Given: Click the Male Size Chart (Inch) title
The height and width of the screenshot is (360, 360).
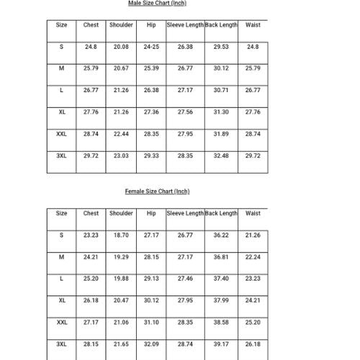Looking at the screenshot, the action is click(156, 4).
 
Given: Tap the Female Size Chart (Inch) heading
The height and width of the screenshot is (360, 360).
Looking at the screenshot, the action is click(157, 192).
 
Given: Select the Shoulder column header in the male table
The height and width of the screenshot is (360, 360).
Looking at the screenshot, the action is click(121, 25).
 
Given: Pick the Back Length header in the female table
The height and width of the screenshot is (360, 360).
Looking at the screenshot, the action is click(221, 214).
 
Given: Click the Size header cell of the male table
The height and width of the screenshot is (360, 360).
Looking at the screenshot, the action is click(62, 25).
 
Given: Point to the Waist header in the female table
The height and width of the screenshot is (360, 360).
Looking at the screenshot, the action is click(253, 214).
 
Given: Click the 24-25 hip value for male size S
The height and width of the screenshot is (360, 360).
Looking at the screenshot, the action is click(151, 47).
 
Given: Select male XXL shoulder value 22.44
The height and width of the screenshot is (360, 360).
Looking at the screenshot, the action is click(121, 134).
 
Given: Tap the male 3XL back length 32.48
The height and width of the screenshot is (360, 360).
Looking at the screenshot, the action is click(221, 156).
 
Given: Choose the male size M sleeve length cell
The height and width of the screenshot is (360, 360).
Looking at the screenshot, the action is click(185, 68).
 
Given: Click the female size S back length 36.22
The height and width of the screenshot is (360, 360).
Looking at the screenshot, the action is click(221, 235).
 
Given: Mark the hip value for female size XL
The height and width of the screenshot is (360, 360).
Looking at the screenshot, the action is click(151, 301).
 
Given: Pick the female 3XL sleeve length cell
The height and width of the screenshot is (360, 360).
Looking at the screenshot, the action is click(185, 345).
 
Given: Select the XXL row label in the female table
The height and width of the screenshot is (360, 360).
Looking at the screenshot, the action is click(62, 323).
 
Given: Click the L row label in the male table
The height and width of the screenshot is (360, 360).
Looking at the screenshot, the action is click(62, 91).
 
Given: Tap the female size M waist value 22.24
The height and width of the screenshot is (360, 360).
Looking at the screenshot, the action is click(253, 257).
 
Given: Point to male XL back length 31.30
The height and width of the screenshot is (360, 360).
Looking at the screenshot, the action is click(221, 112).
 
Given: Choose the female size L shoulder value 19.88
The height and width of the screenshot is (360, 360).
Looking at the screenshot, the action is click(121, 279).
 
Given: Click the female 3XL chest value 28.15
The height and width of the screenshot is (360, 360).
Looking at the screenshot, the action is click(91, 345).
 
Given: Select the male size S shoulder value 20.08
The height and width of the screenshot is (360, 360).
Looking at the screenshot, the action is click(121, 47).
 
